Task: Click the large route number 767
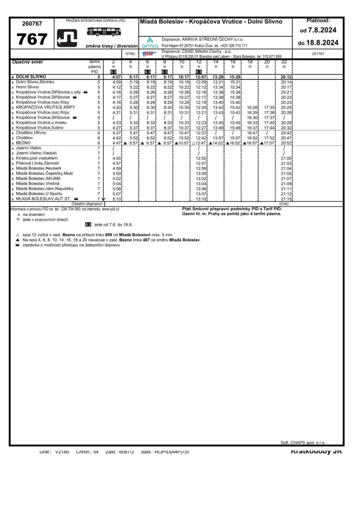pyautogui.click(x=32, y=39)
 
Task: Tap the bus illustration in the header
pyautogui.click(x=104, y=31)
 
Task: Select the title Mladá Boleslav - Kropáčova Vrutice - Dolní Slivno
pyautogui.click(x=211, y=22)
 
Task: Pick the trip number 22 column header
pyautogui.click(x=284, y=62)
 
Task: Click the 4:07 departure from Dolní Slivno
pyautogui.click(x=117, y=77)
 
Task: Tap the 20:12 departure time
pyautogui.click(x=286, y=77)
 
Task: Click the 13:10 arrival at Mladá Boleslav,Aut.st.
pyautogui.click(x=201, y=199)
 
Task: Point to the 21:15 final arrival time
pyautogui.click(x=286, y=199)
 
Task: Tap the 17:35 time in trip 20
pyautogui.click(x=269, y=107)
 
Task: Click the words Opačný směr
pyautogui.click(x=28, y=62)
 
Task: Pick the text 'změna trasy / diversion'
pyautogui.click(x=111, y=46)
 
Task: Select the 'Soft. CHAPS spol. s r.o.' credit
pyautogui.click(x=303, y=442)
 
